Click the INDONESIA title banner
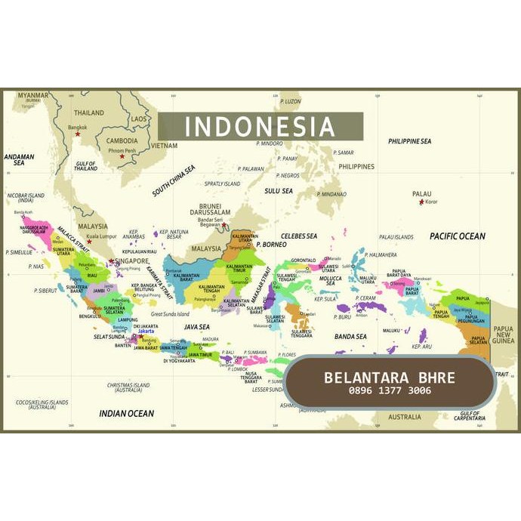[260, 126]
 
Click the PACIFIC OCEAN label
[458, 236]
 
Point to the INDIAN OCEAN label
[126, 413]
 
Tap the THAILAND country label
[89, 113]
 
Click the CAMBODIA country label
[122, 140]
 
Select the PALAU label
[422, 194]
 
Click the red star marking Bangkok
[77, 134]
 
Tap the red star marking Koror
[421, 202]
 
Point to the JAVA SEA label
[196, 326]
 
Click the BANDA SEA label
[350, 336]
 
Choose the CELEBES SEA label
[299, 236]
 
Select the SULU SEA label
[278, 191]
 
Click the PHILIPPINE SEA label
[409, 141]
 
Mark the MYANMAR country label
[33, 96]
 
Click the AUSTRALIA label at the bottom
[405, 417]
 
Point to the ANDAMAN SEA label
[19, 160]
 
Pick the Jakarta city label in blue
[146, 331]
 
